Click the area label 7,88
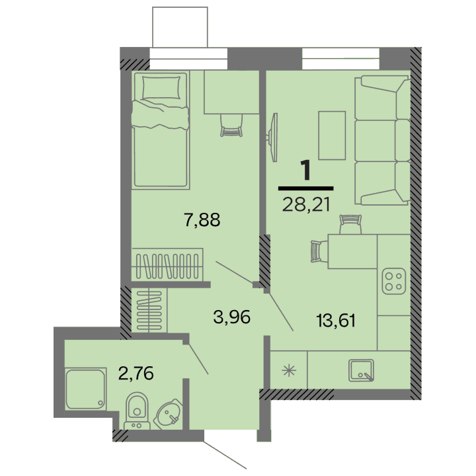pyautogui.click(x=201, y=218)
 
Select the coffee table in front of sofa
pyautogui.click(x=332, y=136)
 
